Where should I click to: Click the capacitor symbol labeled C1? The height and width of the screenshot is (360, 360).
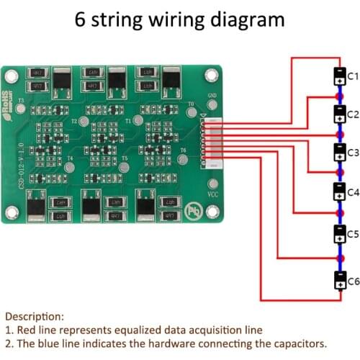338,76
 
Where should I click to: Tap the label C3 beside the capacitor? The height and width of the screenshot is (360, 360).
354,153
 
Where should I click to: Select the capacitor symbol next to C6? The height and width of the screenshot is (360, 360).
338,280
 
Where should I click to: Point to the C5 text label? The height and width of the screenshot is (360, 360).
354,234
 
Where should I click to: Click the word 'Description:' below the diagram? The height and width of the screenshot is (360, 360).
34,315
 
